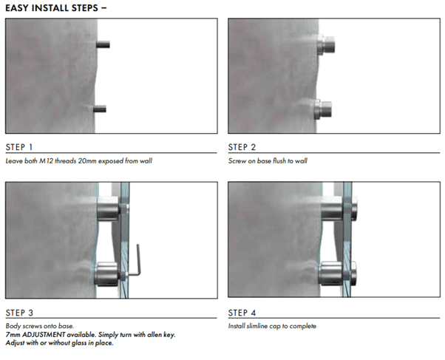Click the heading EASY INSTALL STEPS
point(52,8)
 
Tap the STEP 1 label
point(19,147)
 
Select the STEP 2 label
point(242,147)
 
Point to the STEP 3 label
point(19,313)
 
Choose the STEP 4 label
point(242,313)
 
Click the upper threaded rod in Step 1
point(103,44)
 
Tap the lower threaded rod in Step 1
point(100,109)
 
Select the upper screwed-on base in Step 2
point(326,44)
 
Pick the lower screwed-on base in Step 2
point(323,109)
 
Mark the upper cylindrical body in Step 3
point(108,208)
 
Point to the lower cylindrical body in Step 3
point(106,274)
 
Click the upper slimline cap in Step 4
point(354,208)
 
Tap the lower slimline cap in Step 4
point(353,274)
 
